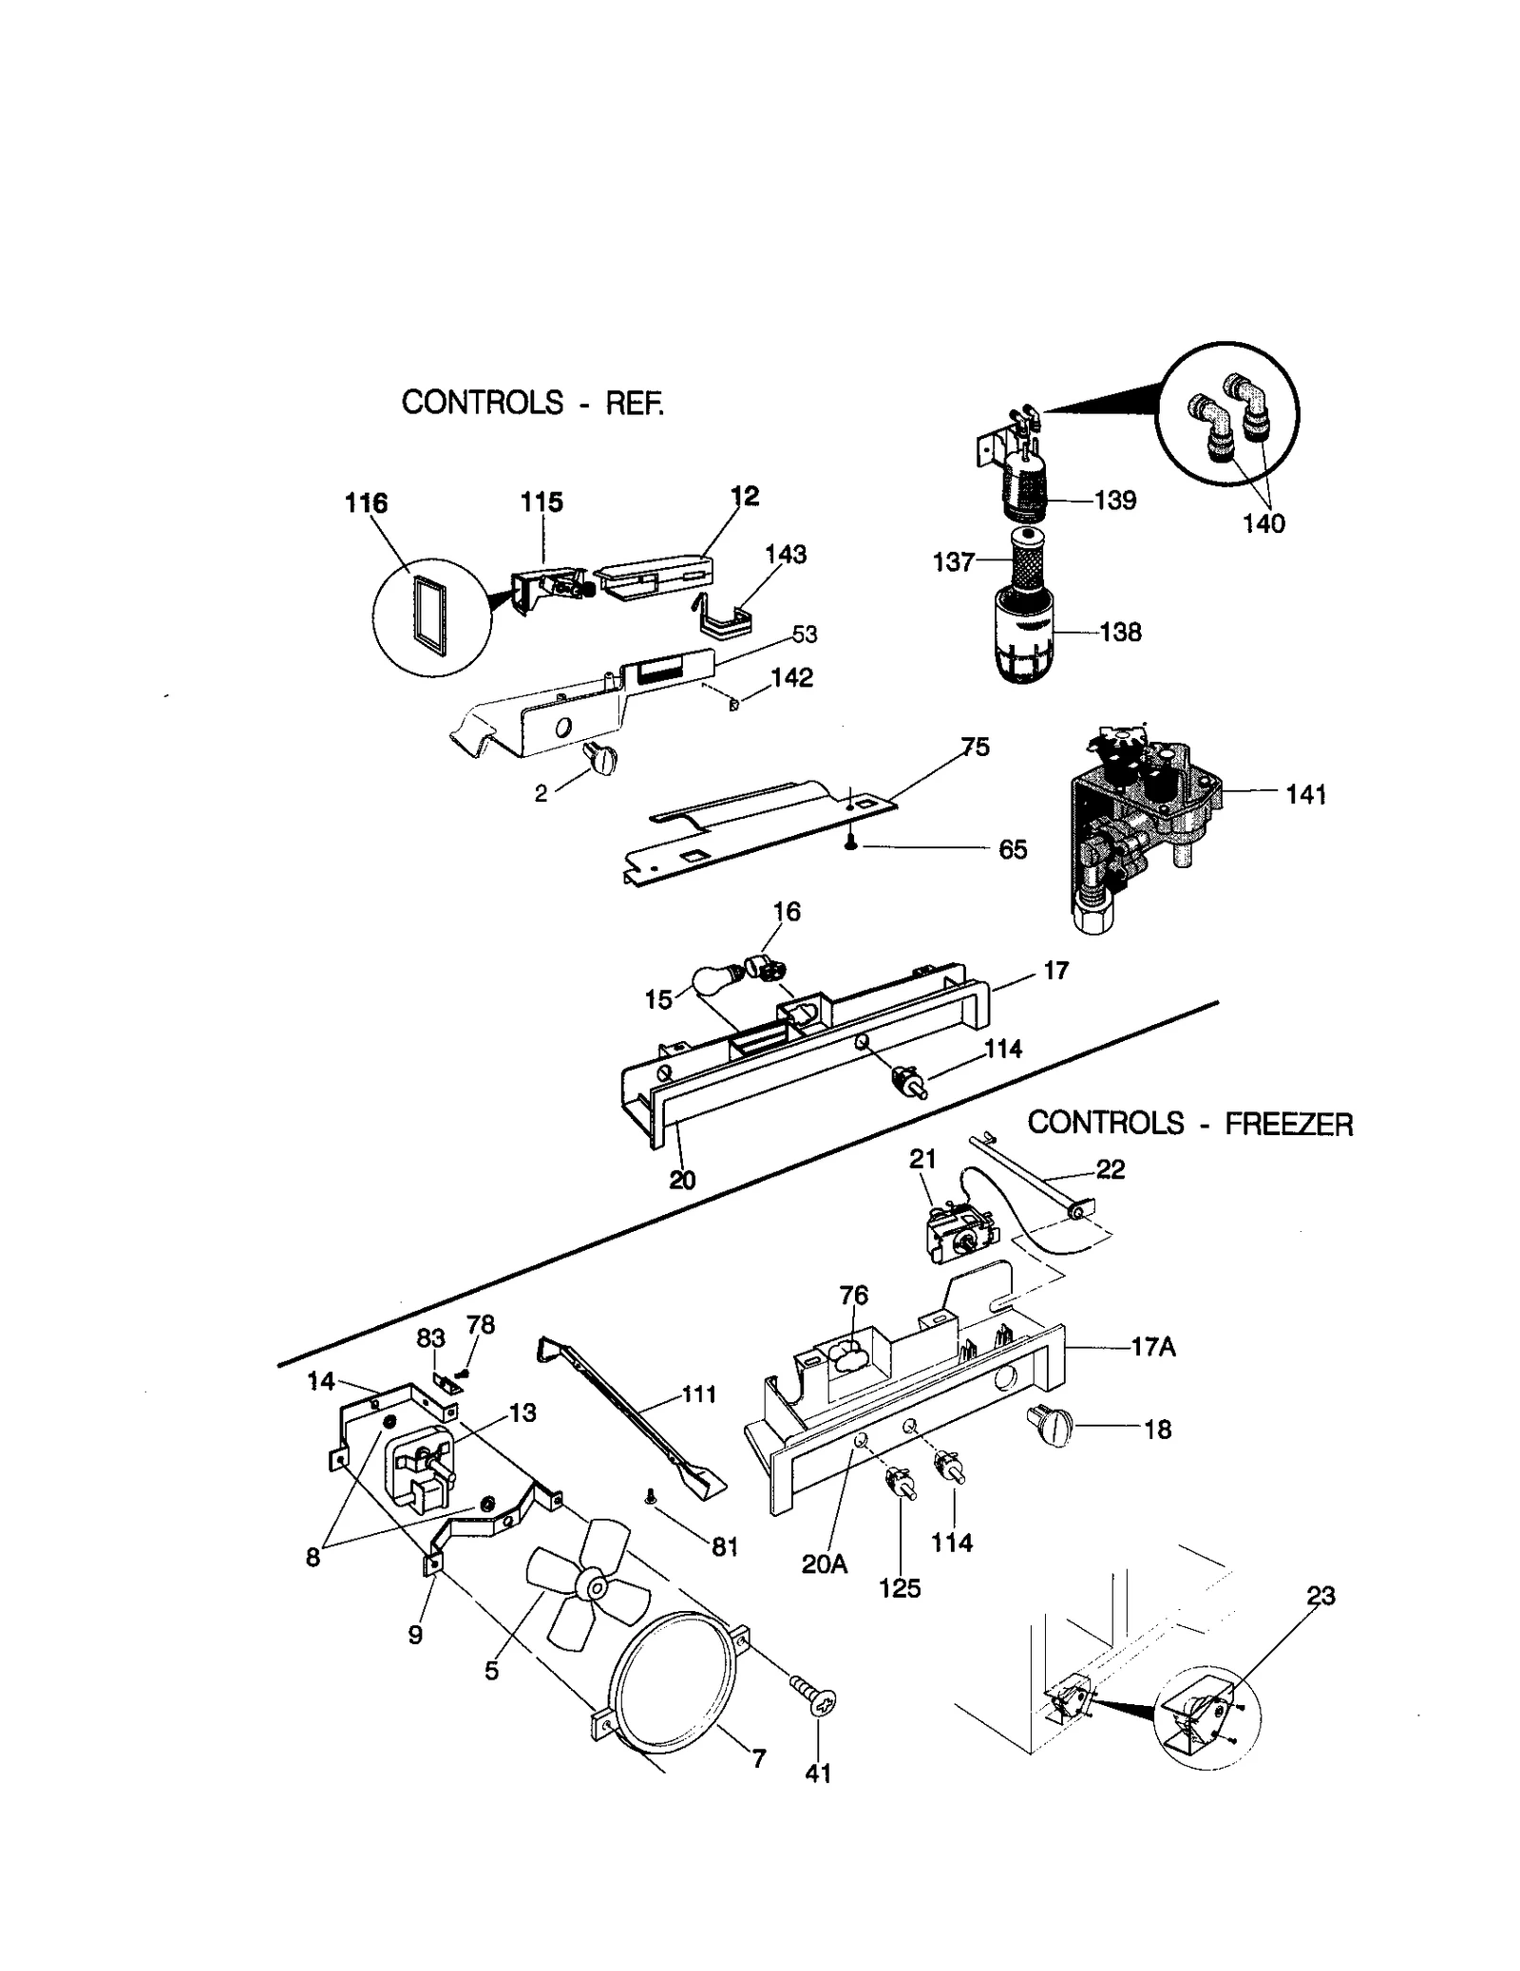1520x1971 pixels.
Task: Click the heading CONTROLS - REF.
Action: (532, 403)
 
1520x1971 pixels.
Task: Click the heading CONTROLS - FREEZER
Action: (1189, 1124)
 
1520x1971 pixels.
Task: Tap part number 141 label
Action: (1305, 795)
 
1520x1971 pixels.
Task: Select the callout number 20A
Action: (824, 1564)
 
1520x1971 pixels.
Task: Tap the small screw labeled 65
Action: (851, 843)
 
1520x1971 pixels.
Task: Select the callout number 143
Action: (785, 554)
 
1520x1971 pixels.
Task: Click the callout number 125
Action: (899, 1588)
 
